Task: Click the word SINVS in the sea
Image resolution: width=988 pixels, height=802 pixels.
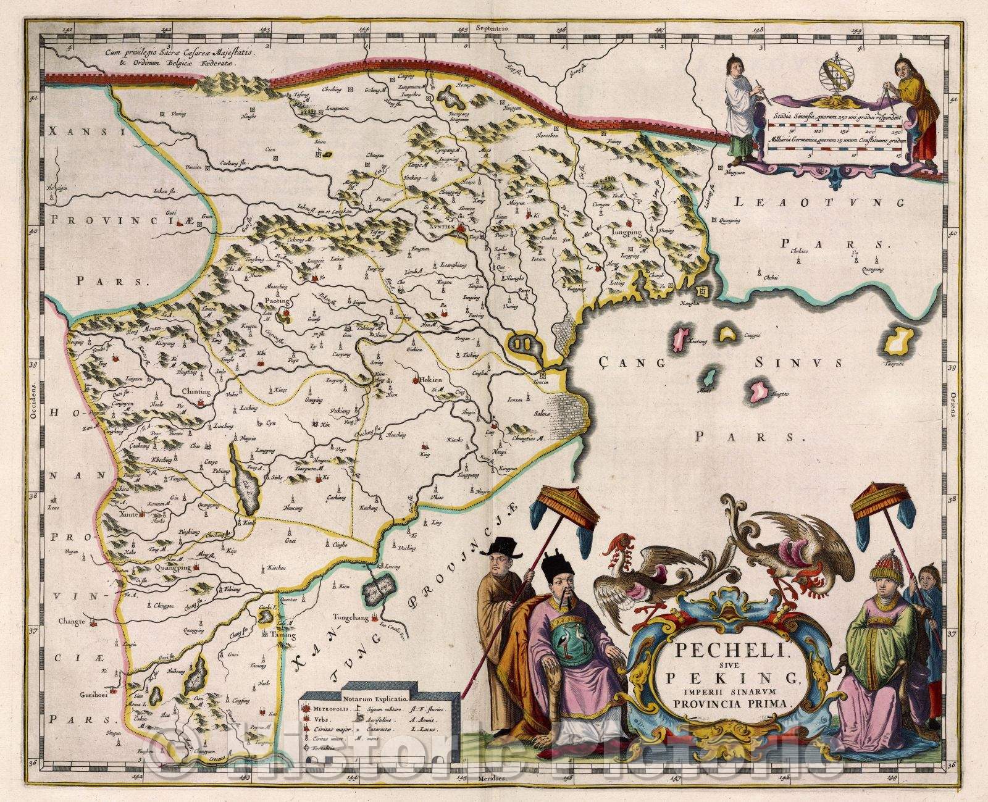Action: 797,363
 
